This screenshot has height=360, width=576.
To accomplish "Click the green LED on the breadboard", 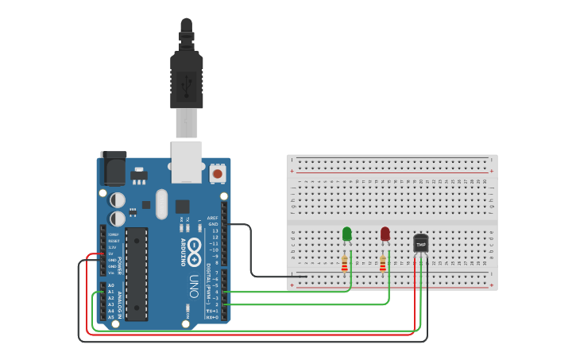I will pyautogui.click(x=346, y=234).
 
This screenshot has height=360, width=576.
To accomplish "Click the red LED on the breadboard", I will pyautogui.click(x=385, y=234).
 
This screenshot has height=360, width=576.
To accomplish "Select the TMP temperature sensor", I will pyautogui.click(x=421, y=242).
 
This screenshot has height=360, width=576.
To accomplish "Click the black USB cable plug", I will pyautogui.click(x=187, y=79).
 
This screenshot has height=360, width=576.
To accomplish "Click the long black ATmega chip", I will pyautogui.click(x=137, y=274).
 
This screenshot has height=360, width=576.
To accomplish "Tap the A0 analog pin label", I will pyautogui.click(x=110, y=285).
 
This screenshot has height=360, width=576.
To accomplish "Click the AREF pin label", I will pyautogui.click(x=212, y=217).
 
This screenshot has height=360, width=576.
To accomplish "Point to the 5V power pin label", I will pyautogui.click(x=112, y=254).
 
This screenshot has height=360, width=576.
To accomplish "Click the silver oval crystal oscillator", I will pyautogui.click(x=162, y=203).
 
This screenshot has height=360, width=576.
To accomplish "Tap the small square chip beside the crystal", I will pyautogui.click(x=183, y=205).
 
